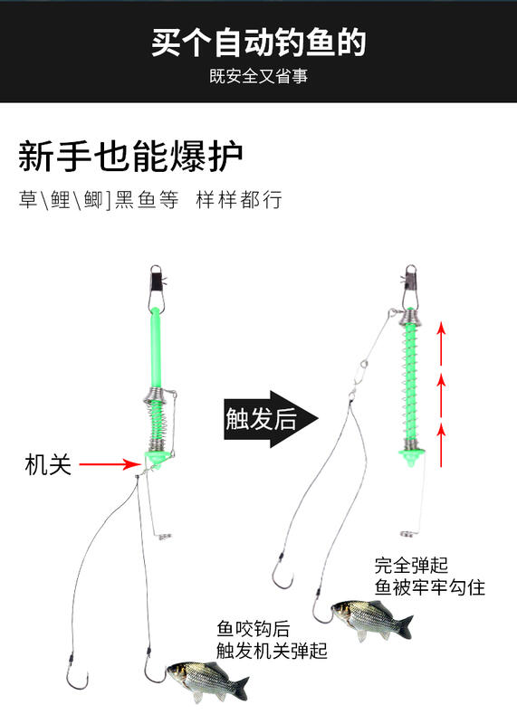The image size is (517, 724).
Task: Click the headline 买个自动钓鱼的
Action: coord(259,43)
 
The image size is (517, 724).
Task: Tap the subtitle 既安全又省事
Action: coord(259,77)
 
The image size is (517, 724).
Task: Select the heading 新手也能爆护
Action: coord(130,156)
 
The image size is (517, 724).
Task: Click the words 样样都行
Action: coord(239,200)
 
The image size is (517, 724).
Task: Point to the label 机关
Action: coord(48,464)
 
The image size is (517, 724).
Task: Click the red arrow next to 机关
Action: coord(110,464)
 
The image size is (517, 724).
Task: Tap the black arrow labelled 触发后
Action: coord(272,419)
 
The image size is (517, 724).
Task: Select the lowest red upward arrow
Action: coord(442,444)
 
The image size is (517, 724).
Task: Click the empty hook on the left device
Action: coord(76,675)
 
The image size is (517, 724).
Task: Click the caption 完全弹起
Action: coord(411,565)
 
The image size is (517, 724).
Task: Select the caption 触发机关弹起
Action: coord(273,651)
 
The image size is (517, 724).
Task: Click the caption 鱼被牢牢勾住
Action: coord(430,587)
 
